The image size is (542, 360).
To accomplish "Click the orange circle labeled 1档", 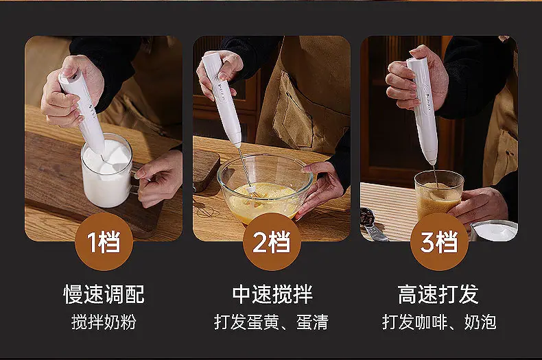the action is [104, 241].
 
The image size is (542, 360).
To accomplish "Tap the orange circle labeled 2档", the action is [272, 241].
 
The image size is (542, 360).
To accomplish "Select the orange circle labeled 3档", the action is [439, 241].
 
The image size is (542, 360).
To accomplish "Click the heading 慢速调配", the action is [104, 294].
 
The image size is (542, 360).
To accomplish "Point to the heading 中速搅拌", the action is [272, 294].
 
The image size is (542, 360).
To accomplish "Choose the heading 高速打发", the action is [438, 294].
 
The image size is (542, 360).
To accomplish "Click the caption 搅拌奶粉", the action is [104, 322].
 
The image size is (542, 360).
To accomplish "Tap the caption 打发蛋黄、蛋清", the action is [272, 322].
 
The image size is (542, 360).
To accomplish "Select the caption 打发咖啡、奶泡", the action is [439, 322].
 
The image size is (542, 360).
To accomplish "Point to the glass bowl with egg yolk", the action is [265, 189].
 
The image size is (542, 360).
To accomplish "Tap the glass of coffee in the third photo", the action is [438, 197].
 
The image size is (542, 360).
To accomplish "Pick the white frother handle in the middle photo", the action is [222, 99].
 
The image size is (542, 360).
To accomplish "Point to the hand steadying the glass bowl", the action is [320, 187].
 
